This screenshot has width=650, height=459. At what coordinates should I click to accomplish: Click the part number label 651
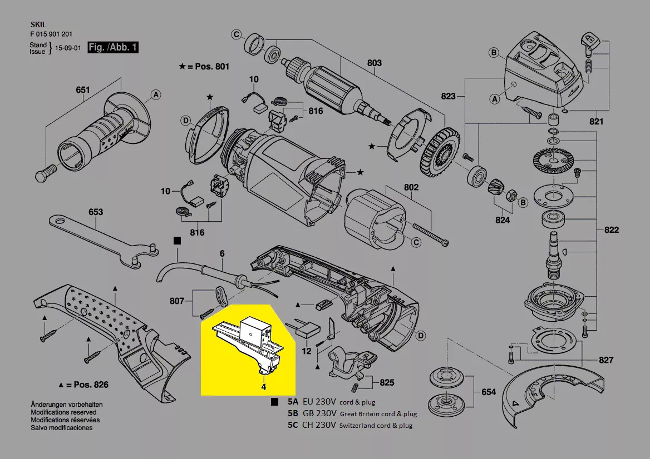[x=82, y=89]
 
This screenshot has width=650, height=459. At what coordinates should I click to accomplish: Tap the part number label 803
[x=375, y=63]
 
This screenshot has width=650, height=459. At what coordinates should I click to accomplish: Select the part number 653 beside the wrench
[x=95, y=212]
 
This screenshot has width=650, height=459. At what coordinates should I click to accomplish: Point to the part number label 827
[x=606, y=360]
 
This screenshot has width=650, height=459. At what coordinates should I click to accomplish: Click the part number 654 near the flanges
[x=488, y=392]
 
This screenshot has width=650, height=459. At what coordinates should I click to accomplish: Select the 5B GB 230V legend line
[x=352, y=413]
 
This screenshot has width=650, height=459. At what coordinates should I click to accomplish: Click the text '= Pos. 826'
[x=87, y=385]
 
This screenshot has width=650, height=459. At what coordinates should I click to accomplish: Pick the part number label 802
[x=411, y=188]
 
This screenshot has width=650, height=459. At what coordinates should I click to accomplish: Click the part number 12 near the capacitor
[x=307, y=351]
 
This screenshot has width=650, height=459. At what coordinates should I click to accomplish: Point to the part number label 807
[x=178, y=302]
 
